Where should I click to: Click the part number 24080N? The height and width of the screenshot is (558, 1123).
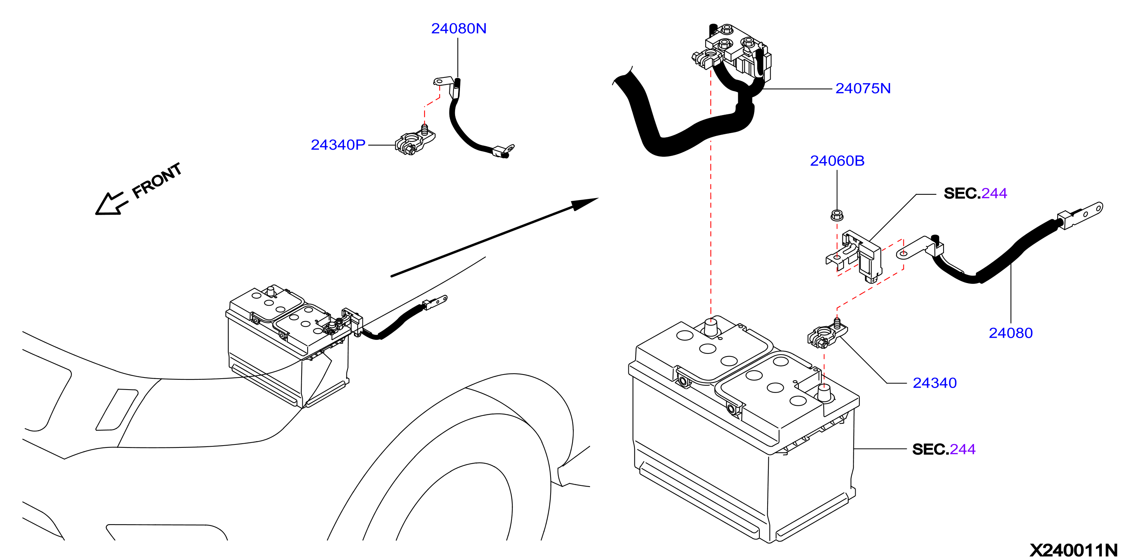pyautogui.click(x=458, y=28)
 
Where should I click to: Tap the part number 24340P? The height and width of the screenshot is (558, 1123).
pyautogui.click(x=338, y=145)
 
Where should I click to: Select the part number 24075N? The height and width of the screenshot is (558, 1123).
pyautogui.click(x=863, y=88)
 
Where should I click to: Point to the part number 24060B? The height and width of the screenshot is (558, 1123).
pyautogui.click(x=837, y=161)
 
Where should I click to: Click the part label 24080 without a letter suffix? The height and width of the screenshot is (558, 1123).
pyautogui.click(x=1011, y=333)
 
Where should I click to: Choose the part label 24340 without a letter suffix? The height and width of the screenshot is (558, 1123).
pyautogui.click(x=935, y=383)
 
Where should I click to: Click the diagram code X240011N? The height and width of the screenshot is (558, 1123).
pyautogui.click(x=1073, y=550)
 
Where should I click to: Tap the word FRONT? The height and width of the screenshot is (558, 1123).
pyautogui.click(x=157, y=180)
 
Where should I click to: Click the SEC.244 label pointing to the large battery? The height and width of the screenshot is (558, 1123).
pyautogui.click(x=944, y=449)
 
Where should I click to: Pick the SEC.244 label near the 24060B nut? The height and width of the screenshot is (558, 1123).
pyautogui.click(x=975, y=193)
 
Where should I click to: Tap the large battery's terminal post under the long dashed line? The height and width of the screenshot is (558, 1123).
pyautogui.click(x=711, y=328)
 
